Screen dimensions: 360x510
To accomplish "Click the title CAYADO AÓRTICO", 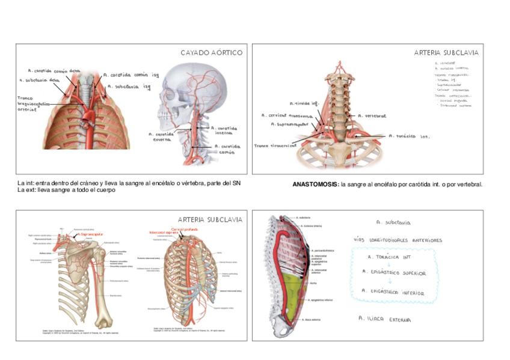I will (x=211, y=53).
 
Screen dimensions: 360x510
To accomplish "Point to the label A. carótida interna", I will (x=226, y=130).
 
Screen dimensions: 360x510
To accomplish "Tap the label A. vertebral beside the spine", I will (x=372, y=115).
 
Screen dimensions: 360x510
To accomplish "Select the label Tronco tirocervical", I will (x=275, y=145).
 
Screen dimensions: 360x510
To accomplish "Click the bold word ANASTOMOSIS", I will (x=315, y=185).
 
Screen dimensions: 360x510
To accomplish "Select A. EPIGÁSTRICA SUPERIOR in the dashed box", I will (x=394, y=273).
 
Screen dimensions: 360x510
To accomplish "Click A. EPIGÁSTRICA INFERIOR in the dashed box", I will (x=394, y=293).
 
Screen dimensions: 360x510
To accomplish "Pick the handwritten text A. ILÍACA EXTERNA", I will (x=385, y=319).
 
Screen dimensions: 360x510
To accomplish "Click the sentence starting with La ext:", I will (x=66, y=190).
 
